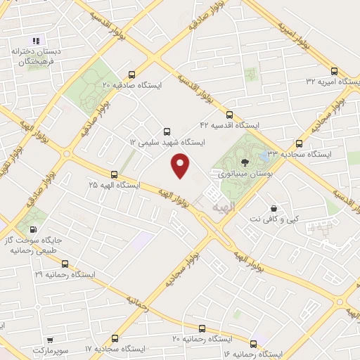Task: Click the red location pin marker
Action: point(181,166)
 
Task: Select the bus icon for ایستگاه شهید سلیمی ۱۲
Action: point(167,131)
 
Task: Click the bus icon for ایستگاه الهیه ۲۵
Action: point(114,174)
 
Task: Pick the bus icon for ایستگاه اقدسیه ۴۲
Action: point(229,114)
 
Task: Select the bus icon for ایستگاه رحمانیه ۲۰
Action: point(202,328)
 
